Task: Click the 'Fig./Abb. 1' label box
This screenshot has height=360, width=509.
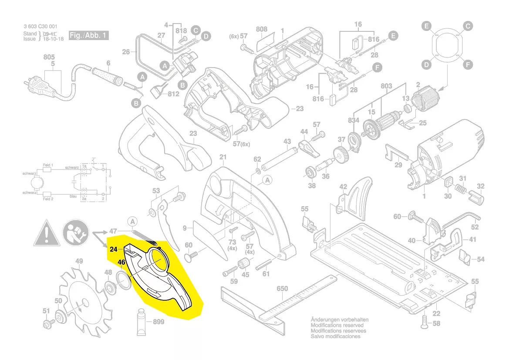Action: pos(88,36)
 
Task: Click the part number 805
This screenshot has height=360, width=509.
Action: pos(49,57)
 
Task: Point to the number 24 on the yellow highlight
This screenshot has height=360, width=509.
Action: pos(114,249)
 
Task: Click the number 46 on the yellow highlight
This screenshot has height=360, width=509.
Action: pos(121,263)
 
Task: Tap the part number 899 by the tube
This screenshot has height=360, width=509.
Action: pos(158,322)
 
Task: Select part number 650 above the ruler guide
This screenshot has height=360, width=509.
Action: pos(283,289)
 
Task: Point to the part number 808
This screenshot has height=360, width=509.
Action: pos(262,29)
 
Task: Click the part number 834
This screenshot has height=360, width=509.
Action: pos(353,120)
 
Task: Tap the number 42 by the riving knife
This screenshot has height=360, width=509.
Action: pos(343,187)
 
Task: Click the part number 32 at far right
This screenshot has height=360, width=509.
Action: pos(480,187)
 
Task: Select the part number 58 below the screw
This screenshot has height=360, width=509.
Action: pos(437,323)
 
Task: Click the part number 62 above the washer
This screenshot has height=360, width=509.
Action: pos(257,159)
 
